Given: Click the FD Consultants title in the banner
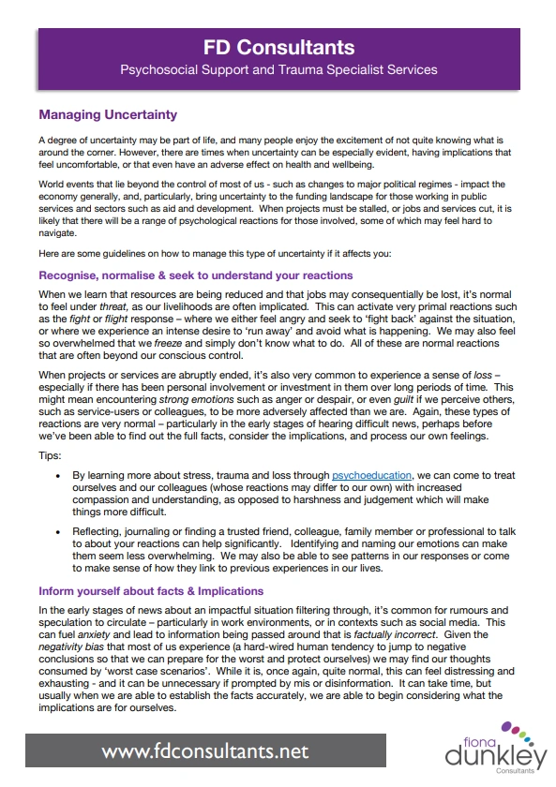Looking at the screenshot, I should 278,47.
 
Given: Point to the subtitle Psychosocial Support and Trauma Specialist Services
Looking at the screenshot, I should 278,69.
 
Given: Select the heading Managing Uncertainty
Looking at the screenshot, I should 107,115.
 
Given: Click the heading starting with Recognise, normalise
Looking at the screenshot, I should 195,275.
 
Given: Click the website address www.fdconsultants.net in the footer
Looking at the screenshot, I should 204,752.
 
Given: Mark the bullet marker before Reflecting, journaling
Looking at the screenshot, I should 59,532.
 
